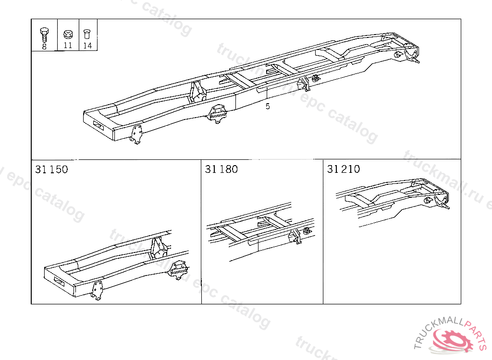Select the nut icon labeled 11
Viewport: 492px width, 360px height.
point(68,34)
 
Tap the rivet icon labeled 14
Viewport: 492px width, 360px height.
point(87,34)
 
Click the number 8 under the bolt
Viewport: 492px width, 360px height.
point(44,47)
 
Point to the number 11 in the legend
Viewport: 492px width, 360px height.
point(68,46)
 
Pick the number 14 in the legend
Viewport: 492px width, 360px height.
point(87,46)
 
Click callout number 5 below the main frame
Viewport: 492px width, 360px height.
point(268,106)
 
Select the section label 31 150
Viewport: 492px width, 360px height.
point(51,169)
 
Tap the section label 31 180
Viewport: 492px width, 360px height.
point(221,169)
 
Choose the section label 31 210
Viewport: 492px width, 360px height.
point(344,169)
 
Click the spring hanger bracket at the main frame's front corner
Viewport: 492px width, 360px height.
point(136,134)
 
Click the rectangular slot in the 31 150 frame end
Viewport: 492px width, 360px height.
point(59,282)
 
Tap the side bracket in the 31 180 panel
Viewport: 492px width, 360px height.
point(295,236)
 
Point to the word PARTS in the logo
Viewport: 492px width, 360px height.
point(476,333)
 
